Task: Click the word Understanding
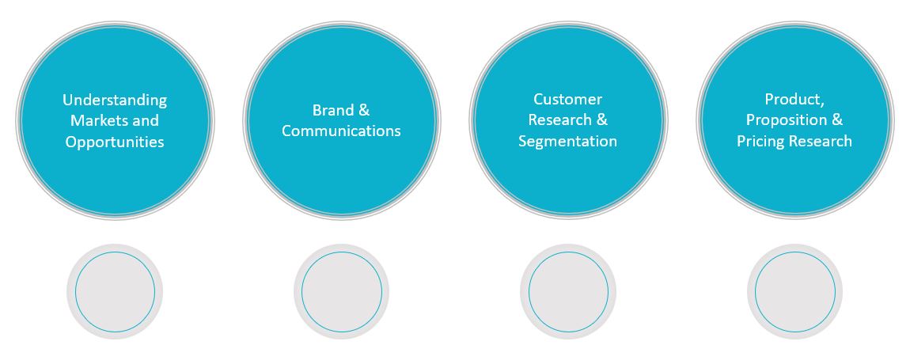click(x=115, y=100)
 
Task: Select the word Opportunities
click(x=115, y=142)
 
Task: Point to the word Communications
click(x=341, y=131)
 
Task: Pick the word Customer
click(x=567, y=100)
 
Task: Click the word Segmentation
click(x=567, y=142)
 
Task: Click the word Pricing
click(x=760, y=142)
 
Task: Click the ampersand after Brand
click(x=364, y=111)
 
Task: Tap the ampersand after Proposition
click(x=836, y=120)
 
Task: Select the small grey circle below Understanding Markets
click(x=115, y=292)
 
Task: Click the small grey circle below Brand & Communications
click(x=341, y=292)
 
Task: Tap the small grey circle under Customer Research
click(x=568, y=292)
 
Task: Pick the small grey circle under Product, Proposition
click(x=794, y=292)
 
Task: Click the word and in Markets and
click(x=146, y=121)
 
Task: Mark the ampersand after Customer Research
click(x=601, y=120)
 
